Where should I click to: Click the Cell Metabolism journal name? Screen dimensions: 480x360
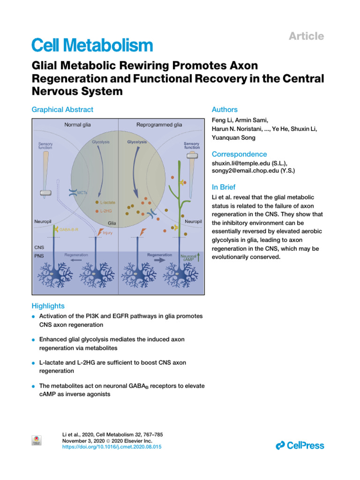click(x=92, y=45)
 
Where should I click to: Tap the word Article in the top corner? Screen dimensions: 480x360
click(x=307, y=36)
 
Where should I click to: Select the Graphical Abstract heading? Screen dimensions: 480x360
click(x=62, y=110)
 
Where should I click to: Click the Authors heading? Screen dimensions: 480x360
click(x=225, y=110)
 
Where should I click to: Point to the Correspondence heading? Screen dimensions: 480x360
click(x=240, y=154)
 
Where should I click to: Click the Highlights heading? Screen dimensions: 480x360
click(x=48, y=306)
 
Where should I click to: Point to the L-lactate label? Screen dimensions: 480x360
click(x=108, y=202)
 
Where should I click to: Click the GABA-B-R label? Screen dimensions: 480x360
click(x=69, y=230)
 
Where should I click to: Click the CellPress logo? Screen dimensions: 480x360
click(x=300, y=445)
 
